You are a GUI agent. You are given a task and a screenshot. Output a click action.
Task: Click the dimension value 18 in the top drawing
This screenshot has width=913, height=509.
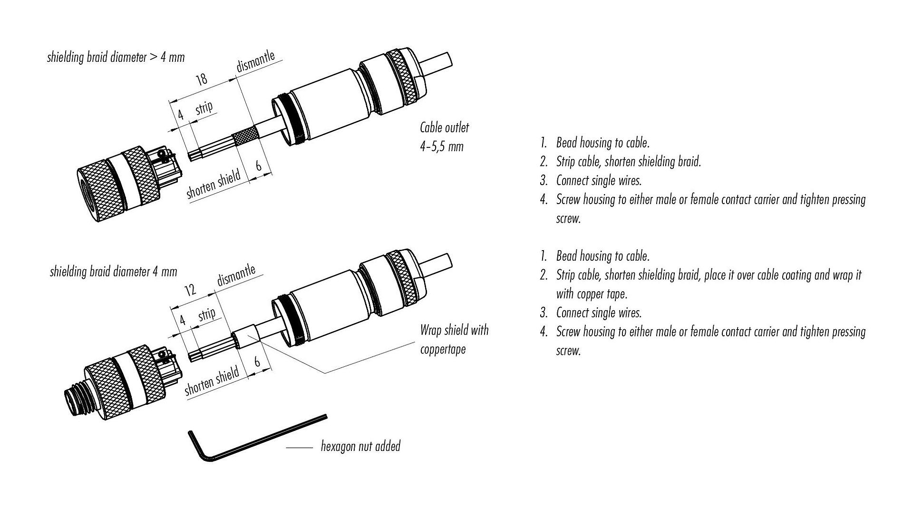pyautogui.click(x=202, y=79)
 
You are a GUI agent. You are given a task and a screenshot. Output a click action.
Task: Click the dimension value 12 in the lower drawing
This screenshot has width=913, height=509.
pyautogui.click(x=190, y=289)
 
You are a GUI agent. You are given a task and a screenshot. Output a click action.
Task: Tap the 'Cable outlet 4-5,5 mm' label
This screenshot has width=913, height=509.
pyautogui.click(x=444, y=137)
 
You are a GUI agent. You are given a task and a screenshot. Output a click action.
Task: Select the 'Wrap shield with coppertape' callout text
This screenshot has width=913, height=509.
pyautogui.click(x=454, y=339)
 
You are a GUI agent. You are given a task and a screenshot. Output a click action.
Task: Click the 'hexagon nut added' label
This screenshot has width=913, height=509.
pyautogui.click(x=360, y=446)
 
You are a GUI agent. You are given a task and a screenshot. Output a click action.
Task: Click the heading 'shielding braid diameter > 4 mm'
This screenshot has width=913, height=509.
pyautogui.click(x=116, y=58)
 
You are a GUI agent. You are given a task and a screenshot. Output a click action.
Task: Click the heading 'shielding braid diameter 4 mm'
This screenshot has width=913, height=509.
pyautogui.click(x=113, y=272)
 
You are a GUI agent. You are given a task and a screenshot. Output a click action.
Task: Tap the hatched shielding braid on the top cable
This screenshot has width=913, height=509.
pyautogui.click(x=245, y=138)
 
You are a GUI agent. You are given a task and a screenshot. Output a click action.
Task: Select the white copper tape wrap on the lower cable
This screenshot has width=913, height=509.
pyautogui.click(x=246, y=335)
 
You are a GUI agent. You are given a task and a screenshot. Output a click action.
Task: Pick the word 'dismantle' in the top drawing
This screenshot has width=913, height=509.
pyautogui.click(x=255, y=62)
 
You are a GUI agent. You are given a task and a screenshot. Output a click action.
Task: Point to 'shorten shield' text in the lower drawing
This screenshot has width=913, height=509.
pyautogui.click(x=212, y=382)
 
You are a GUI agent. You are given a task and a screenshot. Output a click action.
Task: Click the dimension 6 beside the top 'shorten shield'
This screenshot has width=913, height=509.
pyautogui.click(x=259, y=166)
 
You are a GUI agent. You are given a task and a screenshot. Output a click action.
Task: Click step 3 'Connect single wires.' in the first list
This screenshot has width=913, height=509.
pyautogui.click(x=598, y=181)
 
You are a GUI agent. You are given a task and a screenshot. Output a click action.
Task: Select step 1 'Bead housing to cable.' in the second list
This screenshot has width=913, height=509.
pyautogui.click(x=602, y=256)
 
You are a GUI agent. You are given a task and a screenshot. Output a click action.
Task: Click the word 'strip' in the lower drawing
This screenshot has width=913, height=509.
pyautogui.click(x=206, y=314)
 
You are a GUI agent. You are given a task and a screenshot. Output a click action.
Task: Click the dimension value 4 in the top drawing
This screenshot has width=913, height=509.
pyautogui.click(x=180, y=114)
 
